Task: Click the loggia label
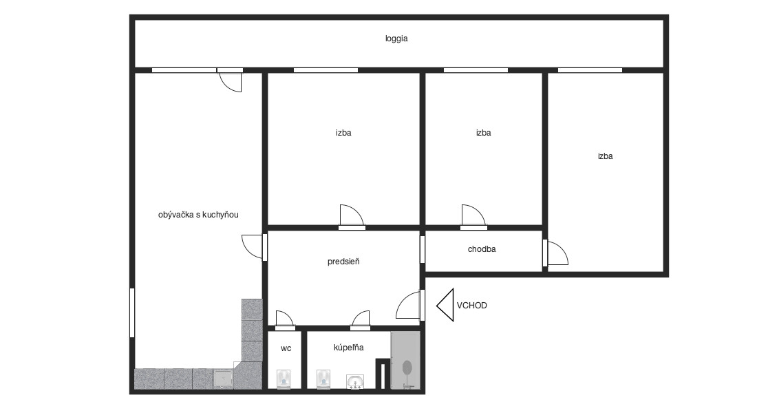396,39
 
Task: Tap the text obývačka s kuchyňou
198,215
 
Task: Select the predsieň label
343,262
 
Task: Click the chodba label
482,249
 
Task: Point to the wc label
286,348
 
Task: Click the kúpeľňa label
349,348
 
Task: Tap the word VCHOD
471,306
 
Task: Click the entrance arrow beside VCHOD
446,305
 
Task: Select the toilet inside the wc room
284,379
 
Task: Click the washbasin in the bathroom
355,381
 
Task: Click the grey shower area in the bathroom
405,360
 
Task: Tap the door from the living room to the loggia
230,80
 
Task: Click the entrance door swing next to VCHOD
408,305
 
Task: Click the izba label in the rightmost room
605,156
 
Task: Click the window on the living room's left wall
132,313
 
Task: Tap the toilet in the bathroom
323,379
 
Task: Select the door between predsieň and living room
254,247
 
